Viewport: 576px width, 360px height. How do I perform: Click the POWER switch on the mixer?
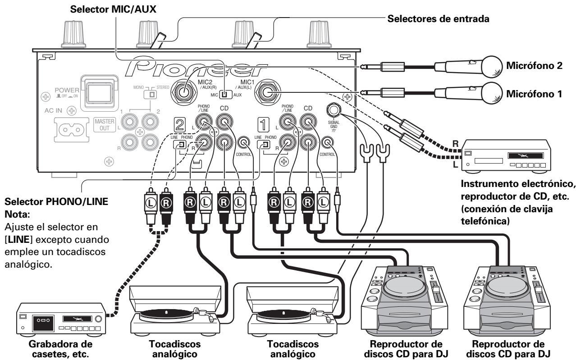[x=100, y=94]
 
